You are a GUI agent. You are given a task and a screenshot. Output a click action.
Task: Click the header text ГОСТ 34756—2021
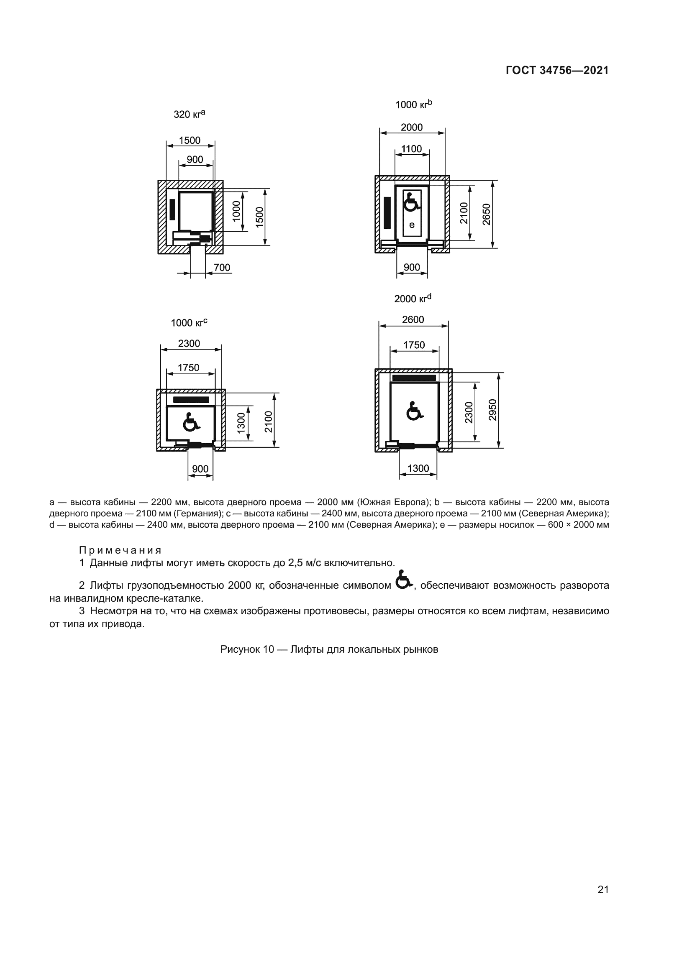(557, 70)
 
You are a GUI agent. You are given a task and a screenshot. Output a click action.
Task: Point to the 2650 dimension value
(487, 214)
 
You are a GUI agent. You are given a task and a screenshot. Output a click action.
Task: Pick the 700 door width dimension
(222, 268)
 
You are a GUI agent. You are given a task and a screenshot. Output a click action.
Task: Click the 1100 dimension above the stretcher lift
(412, 149)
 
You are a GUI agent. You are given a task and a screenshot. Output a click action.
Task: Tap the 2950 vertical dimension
(493, 410)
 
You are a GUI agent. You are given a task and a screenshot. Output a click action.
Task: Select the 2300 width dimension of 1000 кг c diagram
(189, 343)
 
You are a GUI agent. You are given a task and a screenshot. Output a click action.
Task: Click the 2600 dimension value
(413, 319)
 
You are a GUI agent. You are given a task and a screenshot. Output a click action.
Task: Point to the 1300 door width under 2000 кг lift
(418, 469)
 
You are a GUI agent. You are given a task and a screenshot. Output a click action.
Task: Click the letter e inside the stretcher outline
(412, 225)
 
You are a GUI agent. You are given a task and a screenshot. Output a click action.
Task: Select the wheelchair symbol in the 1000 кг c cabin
(190, 422)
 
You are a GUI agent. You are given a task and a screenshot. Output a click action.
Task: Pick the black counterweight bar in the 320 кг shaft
(172, 209)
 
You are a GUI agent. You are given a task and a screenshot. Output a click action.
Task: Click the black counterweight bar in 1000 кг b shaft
(387, 212)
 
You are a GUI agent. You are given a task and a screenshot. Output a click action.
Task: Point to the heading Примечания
(120, 550)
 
